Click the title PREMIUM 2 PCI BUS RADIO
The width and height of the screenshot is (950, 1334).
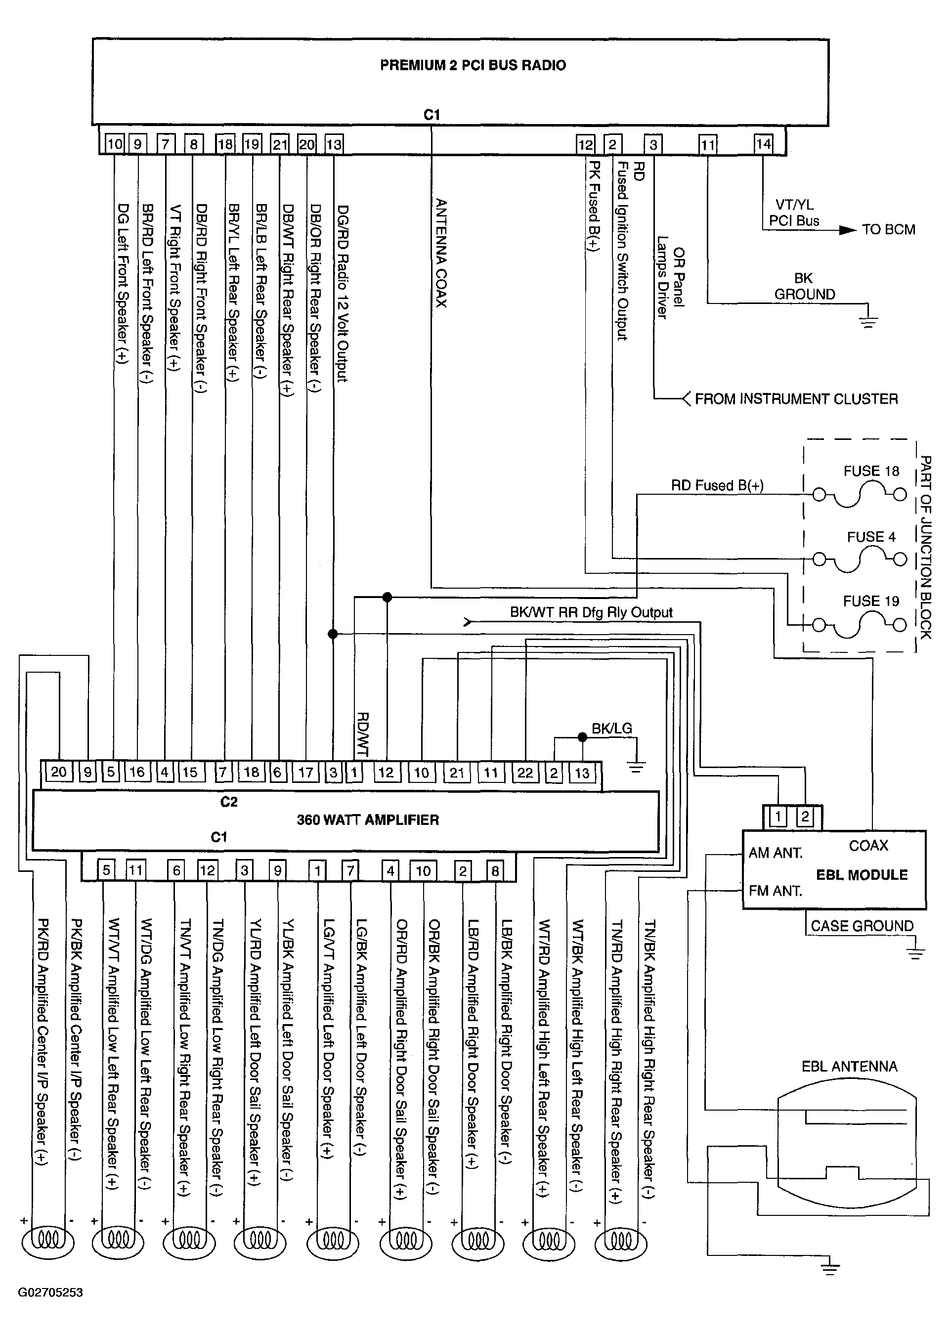(473, 65)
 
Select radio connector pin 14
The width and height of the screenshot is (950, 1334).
(763, 144)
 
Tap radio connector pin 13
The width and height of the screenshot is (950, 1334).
(334, 144)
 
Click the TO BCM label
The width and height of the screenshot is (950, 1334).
(888, 230)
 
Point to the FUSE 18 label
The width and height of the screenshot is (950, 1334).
(870, 471)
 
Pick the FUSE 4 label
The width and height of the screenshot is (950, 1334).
(871, 537)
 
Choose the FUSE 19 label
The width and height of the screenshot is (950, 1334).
(870, 601)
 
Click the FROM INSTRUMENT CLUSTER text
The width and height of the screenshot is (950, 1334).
(796, 399)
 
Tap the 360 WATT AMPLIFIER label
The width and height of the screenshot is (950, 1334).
(367, 820)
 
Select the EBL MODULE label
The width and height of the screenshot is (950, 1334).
(862, 875)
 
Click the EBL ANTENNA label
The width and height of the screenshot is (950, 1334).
(849, 1066)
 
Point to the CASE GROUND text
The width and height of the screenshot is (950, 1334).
(862, 926)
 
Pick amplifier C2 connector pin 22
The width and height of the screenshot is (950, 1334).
(525, 773)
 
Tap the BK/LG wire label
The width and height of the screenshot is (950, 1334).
(612, 728)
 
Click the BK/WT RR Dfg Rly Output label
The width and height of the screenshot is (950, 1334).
(591, 612)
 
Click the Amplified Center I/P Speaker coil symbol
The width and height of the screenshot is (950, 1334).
(48, 1240)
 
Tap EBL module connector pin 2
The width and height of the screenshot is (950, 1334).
(805, 817)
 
